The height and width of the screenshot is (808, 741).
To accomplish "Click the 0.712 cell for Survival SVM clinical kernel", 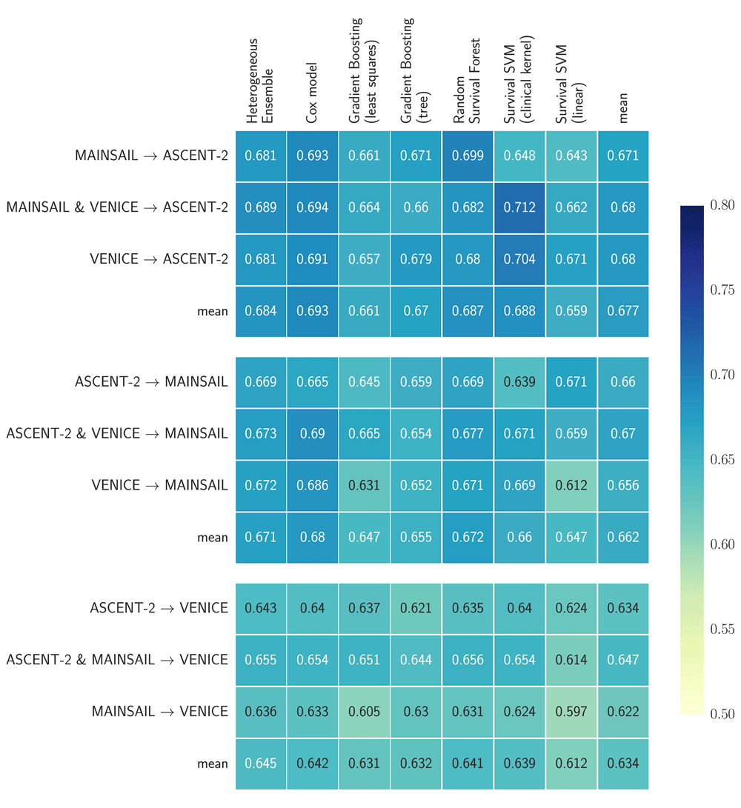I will click(x=520, y=207).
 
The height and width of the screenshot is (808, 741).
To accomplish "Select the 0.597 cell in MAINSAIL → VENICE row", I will click(x=571, y=712).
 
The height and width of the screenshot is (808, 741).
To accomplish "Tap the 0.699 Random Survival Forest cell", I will click(x=468, y=156).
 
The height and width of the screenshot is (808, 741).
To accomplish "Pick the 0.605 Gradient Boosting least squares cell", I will click(x=364, y=712).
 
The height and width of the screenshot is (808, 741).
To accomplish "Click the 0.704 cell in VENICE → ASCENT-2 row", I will click(x=520, y=259).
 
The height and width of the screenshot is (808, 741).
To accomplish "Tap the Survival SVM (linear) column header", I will click(x=571, y=83).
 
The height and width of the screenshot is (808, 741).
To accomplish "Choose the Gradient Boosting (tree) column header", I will click(x=416, y=70).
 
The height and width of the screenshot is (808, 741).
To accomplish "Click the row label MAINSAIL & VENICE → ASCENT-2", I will click(x=117, y=207).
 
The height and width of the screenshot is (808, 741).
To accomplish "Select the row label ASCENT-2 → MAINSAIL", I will click(x=151, y=381).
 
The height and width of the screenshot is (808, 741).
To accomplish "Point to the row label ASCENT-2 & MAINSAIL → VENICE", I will click(x=117, y=660).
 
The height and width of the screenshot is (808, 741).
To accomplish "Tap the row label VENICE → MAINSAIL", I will click(x=159, y=485).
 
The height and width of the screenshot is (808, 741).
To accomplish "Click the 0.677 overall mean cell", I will click(x=623, y=311).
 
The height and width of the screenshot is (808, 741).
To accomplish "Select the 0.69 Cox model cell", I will click(x=313, y=433).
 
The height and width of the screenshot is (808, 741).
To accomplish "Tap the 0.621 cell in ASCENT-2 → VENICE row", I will click(x=416, y=608).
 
